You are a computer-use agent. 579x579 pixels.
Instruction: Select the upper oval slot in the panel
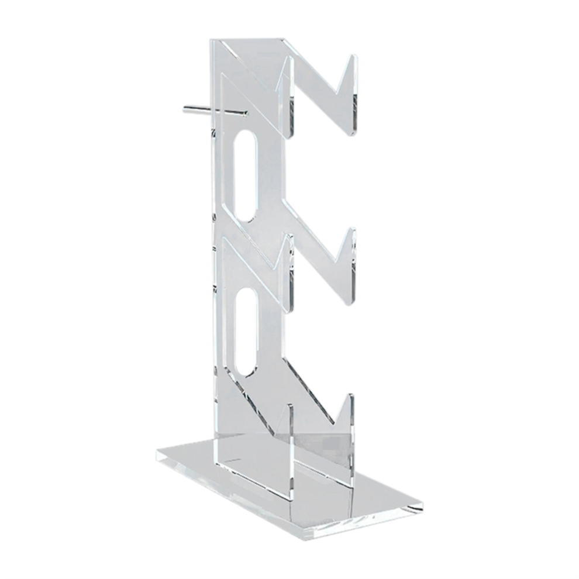pos(245,175)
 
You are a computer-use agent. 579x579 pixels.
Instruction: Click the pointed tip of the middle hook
pos(353,229)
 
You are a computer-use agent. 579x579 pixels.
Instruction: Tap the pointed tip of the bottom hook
pos(351,395)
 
